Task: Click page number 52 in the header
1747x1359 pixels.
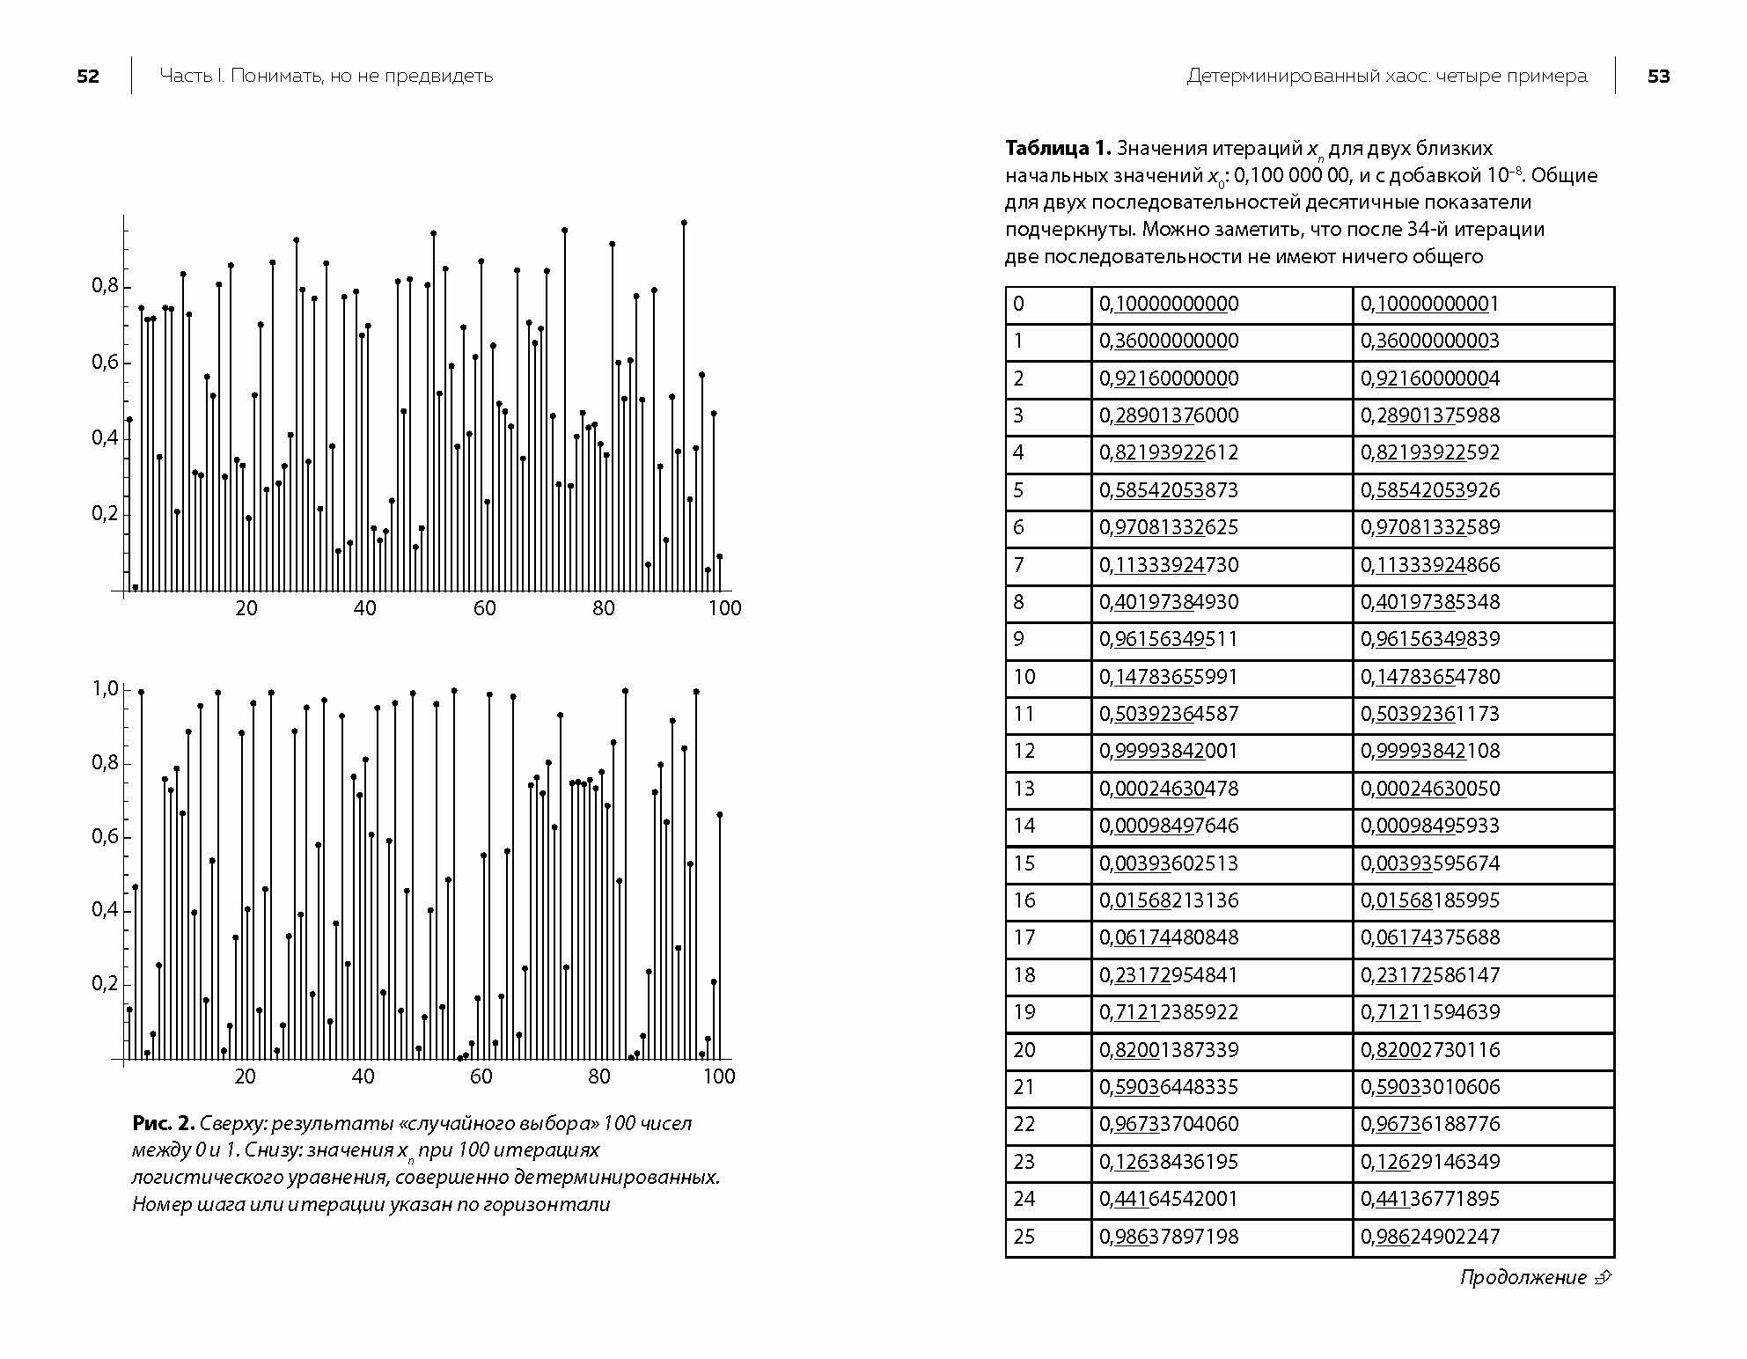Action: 88,77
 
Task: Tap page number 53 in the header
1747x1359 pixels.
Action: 1658,77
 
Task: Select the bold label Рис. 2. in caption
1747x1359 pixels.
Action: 163,1123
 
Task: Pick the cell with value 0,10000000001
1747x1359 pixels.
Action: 1429,305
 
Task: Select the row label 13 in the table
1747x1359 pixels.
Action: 1024,789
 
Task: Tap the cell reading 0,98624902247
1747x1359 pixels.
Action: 1429,1237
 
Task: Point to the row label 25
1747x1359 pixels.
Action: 1024,1237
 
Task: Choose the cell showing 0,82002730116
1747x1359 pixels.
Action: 1429,1050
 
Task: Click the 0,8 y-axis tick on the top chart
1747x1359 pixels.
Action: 105,286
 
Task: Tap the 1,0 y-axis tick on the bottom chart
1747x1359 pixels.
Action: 105,689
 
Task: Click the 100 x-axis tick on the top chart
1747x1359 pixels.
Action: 725,608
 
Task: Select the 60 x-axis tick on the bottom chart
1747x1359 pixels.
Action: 481,1076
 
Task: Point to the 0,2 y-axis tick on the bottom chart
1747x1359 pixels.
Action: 105,984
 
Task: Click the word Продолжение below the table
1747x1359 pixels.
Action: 1523,1277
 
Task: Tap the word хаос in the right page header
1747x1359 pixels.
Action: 1408,77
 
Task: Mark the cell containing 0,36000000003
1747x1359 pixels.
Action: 1429,342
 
